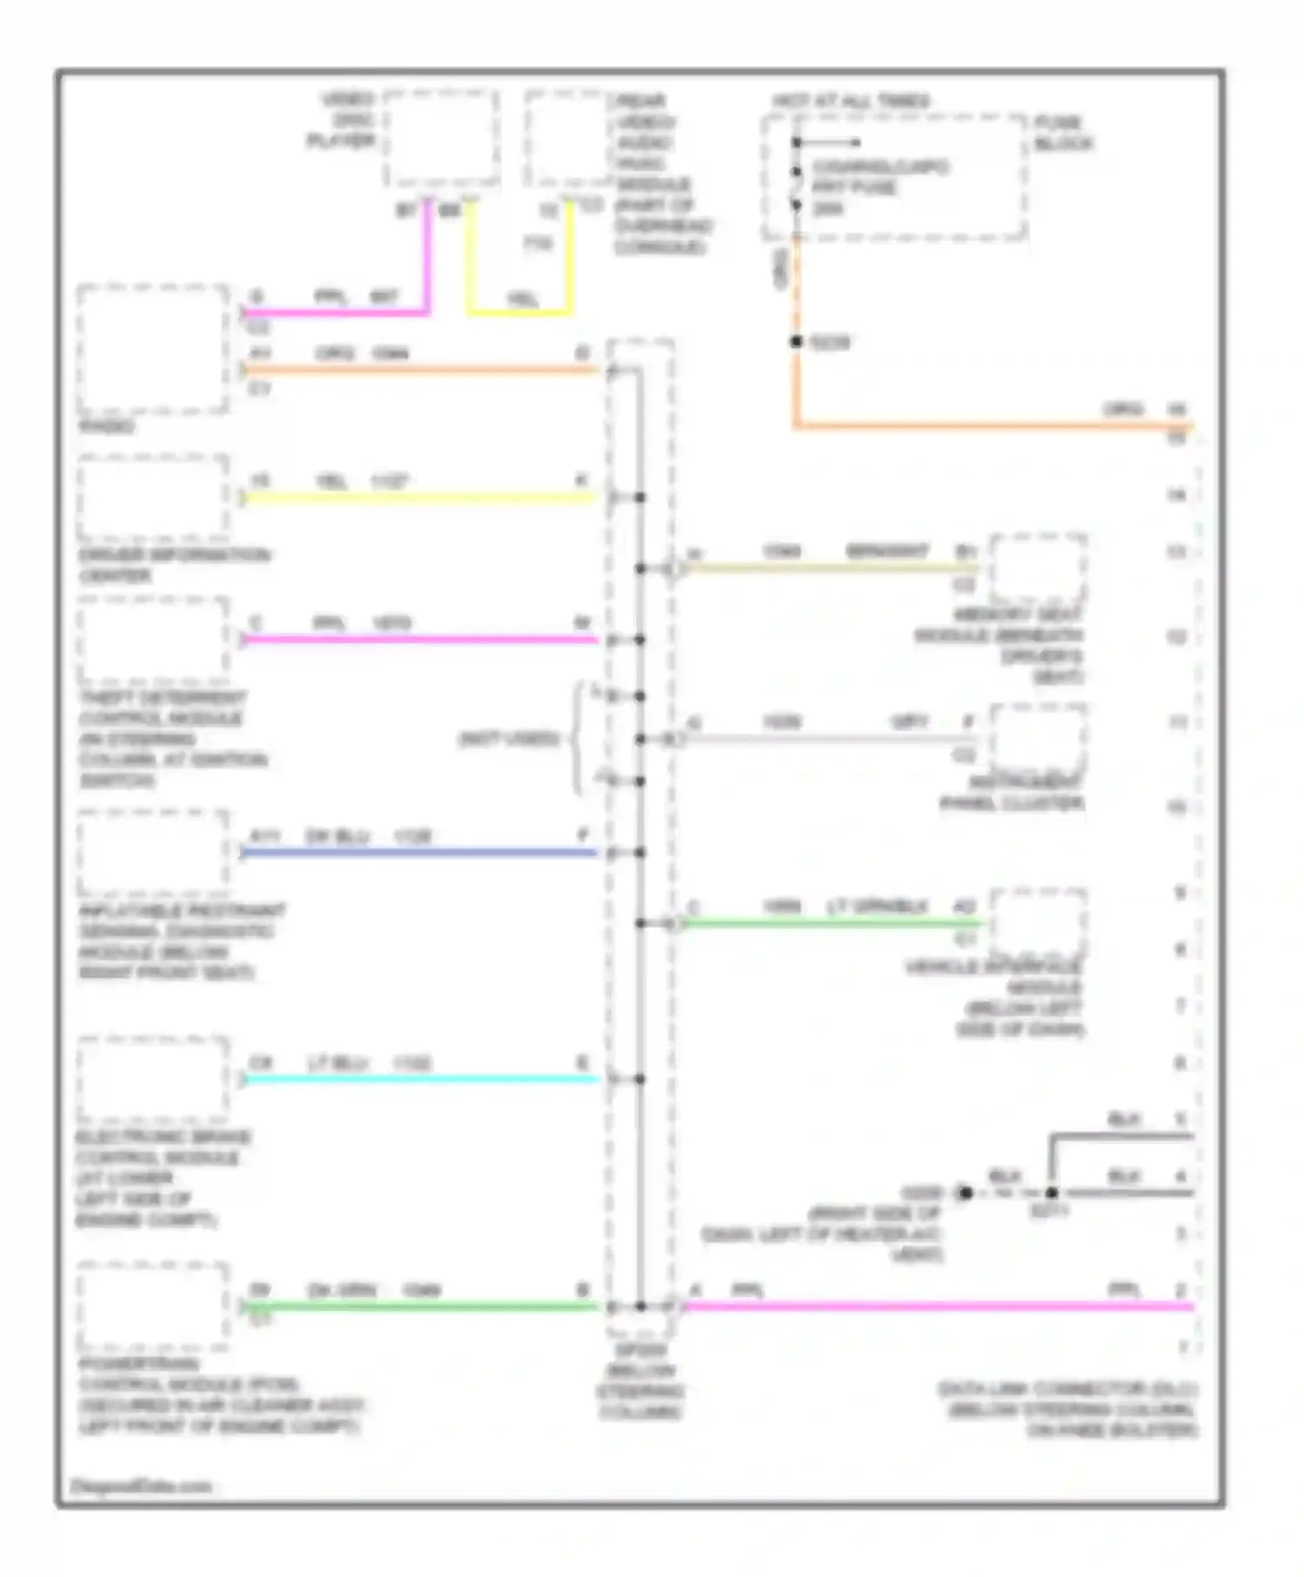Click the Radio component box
(x=153, y=348)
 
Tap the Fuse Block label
(x=1062, y=133)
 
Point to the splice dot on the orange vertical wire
(x=796, y=343)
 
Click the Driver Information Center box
(x=153, y=497)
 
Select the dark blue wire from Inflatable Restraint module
(x=417, y=853)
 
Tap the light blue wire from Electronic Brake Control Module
(x=417, y=1080)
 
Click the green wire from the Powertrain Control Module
(x=417, y=1306)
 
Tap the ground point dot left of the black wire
(x=964, y=1193)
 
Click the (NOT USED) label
(x=509, y=740)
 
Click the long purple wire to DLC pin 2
(x=939, y=1306)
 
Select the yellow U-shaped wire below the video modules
(x=519, y=311)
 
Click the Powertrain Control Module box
(x=153, y=1304)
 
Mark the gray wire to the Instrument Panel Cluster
(x=826, y=740)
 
